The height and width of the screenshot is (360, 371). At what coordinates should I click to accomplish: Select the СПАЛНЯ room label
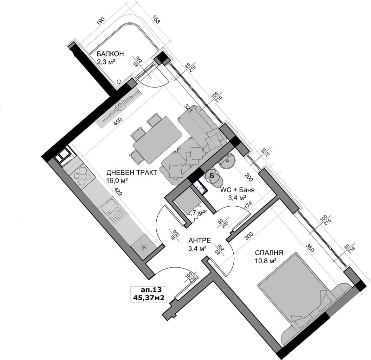(269, 253)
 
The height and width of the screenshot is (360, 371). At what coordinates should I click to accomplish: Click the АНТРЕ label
(200, 241)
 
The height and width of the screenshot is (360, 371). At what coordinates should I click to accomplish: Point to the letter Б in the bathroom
(212, 175)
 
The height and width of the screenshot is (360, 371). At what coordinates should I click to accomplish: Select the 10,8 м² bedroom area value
(266, 261)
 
